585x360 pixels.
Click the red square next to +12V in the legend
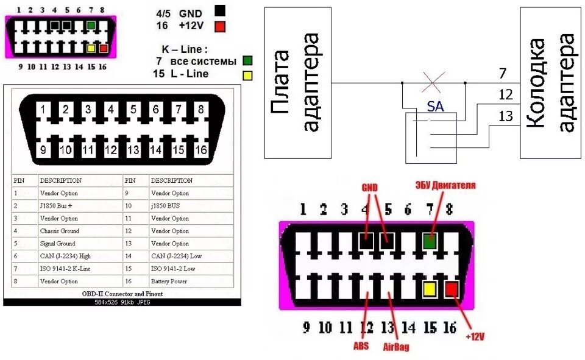[220, 26]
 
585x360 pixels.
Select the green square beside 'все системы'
[247, 61]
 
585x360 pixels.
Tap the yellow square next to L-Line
[247, 75]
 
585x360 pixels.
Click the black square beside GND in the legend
[220, 10]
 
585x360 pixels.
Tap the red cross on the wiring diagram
[433, 82]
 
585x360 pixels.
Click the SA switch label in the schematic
[435, 107]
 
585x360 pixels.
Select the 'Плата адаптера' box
[298, 82]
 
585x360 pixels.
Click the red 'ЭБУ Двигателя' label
[445, 185]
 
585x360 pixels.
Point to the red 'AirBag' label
[396, 347]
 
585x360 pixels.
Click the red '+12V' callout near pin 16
[475, 336]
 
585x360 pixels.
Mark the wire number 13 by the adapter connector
[506, 116]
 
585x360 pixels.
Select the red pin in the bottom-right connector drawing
[452, 289]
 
